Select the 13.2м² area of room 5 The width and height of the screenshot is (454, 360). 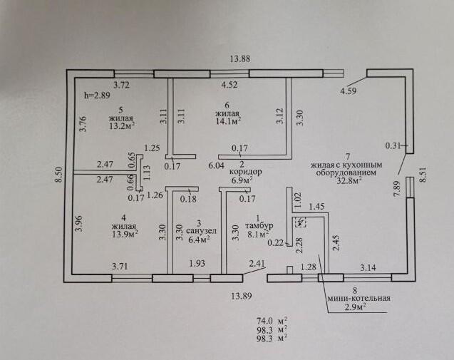[x=122, y=128]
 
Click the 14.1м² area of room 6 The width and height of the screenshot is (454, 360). [x=228, y=121]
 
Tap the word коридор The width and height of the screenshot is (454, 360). [x=245, y=172]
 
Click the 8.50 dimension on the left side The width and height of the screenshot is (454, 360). [x=60, y=175]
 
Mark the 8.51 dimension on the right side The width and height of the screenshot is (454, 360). [x=425, y=175]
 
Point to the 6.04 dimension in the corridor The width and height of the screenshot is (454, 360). [x=216, y=165]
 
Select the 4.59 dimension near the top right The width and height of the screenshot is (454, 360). [x=348, y=91]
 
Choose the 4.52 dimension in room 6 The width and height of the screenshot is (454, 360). [x=228, y=86]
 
